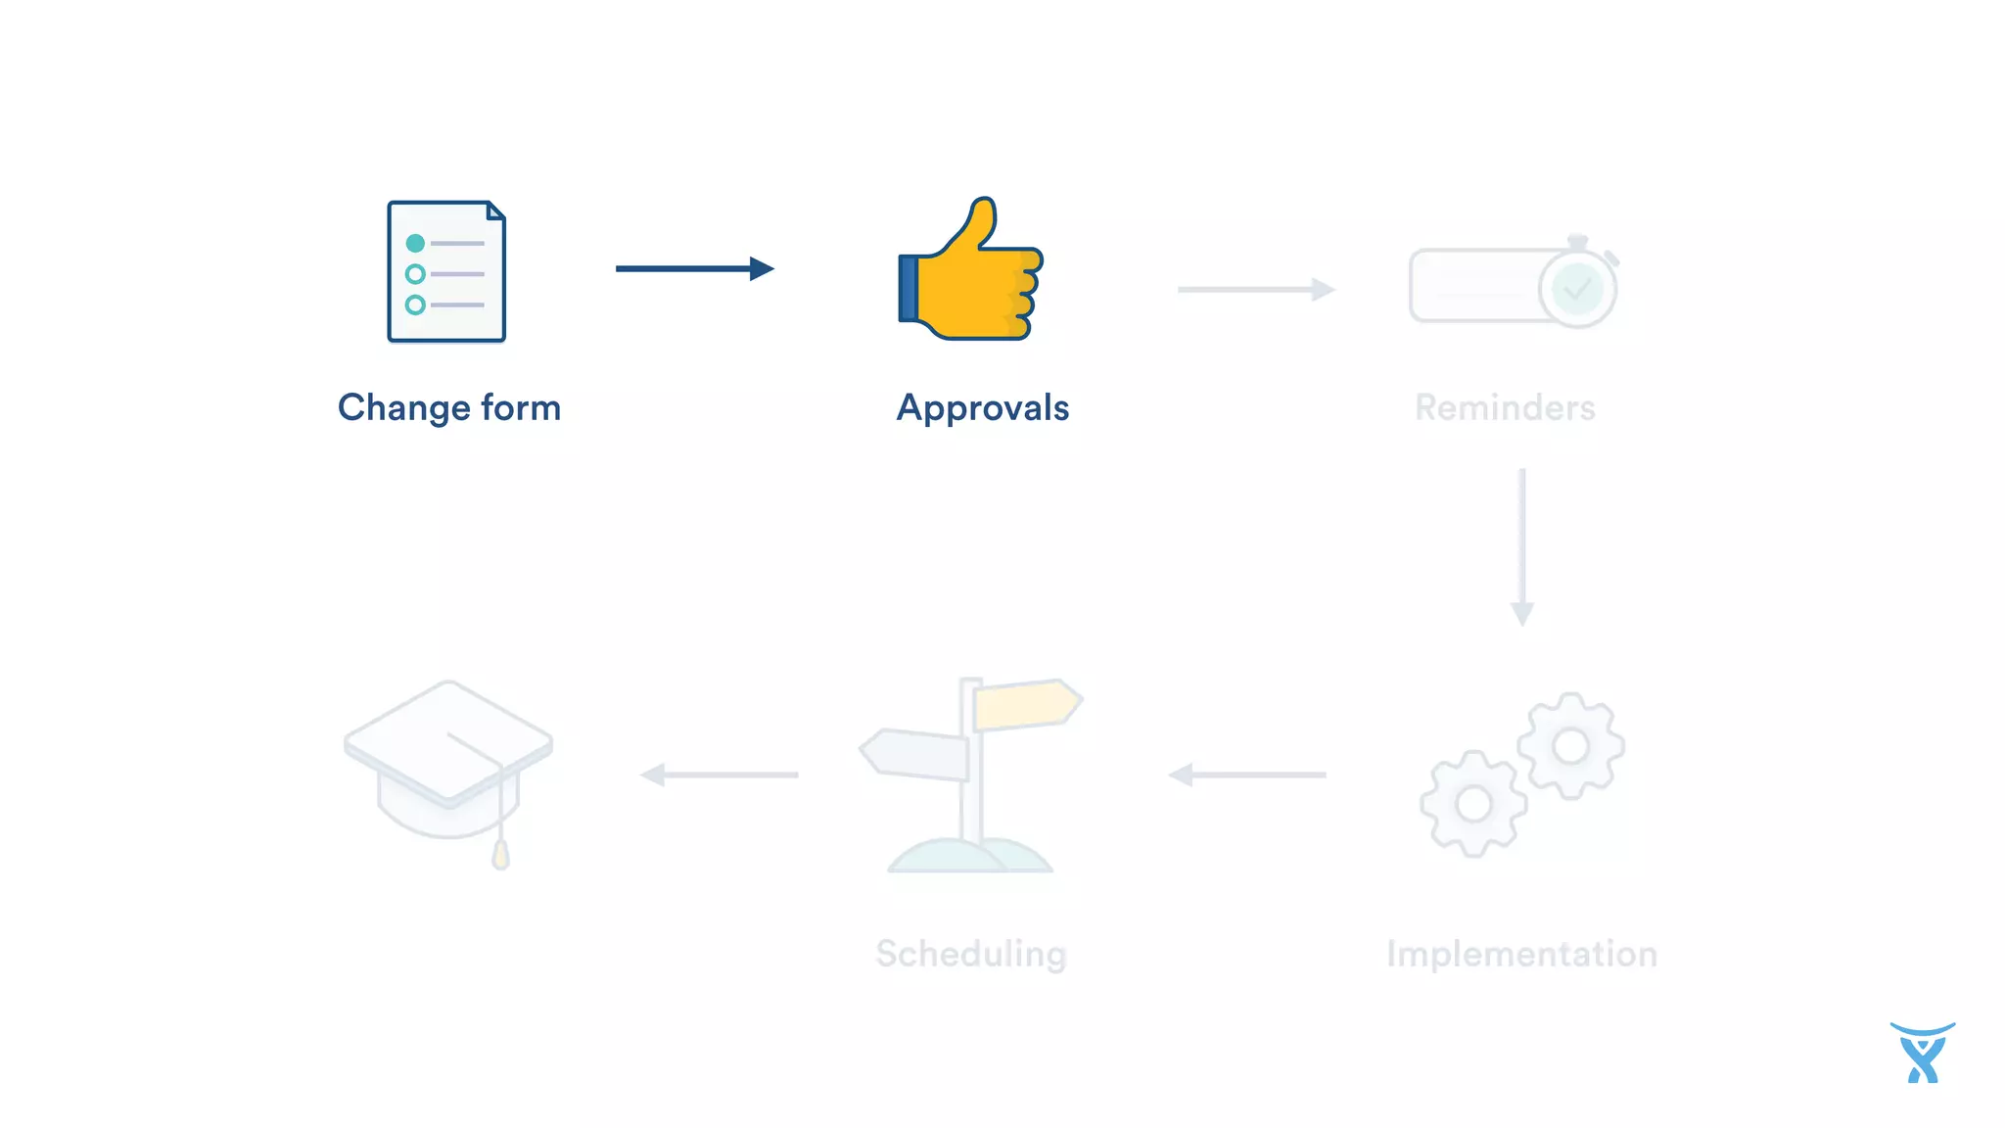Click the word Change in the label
click(x=400, y=408)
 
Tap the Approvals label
click(x=982, y=408)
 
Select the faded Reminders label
click(x=1505, y=408)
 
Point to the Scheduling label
click(x=970, y=954)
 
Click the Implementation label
click(x=1521, y=954)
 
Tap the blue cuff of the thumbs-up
click(x=909, y=288)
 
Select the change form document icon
click(x=446, y=271)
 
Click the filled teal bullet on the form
click(x=415, y=243)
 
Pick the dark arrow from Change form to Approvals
click(x=694, y=268)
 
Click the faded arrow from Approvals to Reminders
click(x=1255, y=289)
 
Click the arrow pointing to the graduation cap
click(x=719, y=775)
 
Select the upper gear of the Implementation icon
click(x=1570, y=746)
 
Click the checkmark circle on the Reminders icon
click(x=1576, y=289)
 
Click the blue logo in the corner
click(x=1922, y=1054)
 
